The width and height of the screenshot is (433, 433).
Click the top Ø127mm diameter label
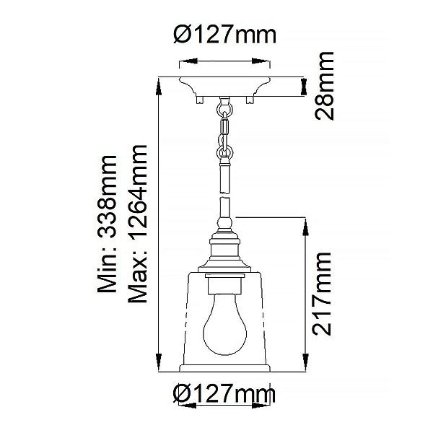point(224,35)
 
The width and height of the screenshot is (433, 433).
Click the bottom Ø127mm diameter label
point(224,394)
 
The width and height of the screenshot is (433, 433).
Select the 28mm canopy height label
point(325,86)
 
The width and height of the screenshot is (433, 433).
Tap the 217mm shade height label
point(321,294)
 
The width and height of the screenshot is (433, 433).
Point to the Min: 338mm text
point(107,224)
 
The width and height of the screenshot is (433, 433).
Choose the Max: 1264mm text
point(137,224)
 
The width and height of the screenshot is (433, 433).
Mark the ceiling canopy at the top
point(224,87)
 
